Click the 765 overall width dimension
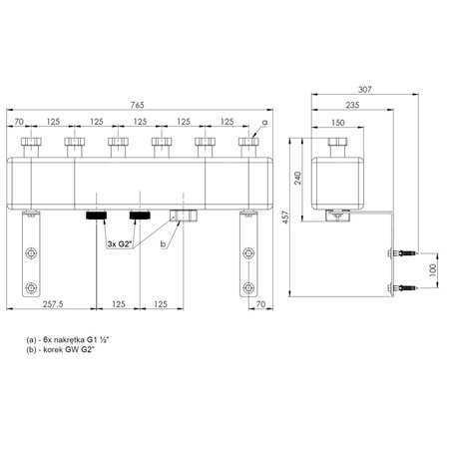pos(137,105)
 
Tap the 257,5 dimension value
pos(53,304)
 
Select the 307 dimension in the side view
pos(364,90)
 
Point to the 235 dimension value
pos(352,105)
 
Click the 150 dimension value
pos(338,123)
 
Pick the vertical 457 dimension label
pos(285,217)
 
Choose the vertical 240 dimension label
pos(297,178)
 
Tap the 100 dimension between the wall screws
pos(433,270)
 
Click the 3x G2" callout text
pos(120,244)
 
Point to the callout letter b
pos(163,243)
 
